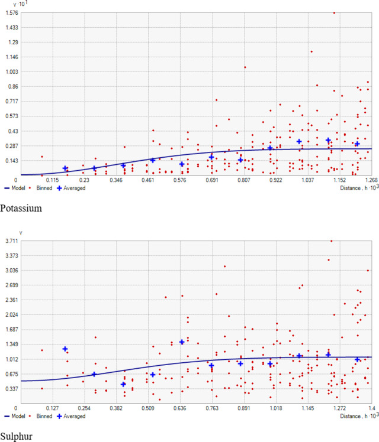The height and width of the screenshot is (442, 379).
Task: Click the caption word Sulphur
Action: (x=16, y=437)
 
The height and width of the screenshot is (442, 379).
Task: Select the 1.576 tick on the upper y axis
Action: (x=10, y=12)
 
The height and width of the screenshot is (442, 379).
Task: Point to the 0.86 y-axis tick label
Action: (x=12, y=86)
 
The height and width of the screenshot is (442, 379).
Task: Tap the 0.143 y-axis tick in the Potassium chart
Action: (x=11, y=160)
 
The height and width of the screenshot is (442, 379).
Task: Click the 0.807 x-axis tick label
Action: (x=240, y=180)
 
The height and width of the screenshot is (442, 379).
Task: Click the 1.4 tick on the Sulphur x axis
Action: (x=371, y=408)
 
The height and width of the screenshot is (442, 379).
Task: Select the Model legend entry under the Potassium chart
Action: (x=15, y=188)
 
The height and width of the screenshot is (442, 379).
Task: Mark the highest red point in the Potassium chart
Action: (x=334, y=12)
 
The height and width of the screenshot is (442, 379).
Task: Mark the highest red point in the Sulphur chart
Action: (x=331, y=241)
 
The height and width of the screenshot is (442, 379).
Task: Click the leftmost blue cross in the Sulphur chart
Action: (x=65, y=349)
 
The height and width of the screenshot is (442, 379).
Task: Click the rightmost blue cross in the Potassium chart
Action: (x=357, y=144)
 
